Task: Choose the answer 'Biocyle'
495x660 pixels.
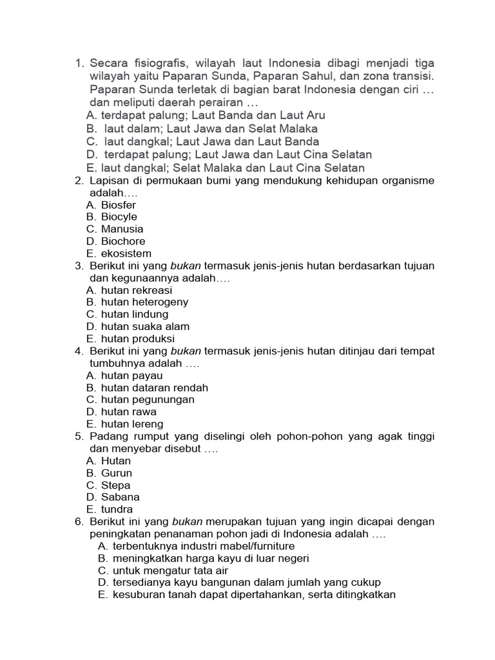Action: tap(119, 217)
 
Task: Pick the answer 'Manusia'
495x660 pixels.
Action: tap(122, 229)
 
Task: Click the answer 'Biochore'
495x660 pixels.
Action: tap(123, 242)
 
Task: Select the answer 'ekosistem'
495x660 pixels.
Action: tap(126, 254)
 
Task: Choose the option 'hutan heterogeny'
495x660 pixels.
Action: tap(145, 302)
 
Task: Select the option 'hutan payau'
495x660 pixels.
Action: tap(132, 376)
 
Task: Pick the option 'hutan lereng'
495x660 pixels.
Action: tap(132, 424)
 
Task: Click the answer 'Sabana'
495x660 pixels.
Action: tap(121, 498)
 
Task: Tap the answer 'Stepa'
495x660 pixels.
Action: tap(116, 485)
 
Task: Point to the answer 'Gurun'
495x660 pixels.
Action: tap(117, 473)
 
